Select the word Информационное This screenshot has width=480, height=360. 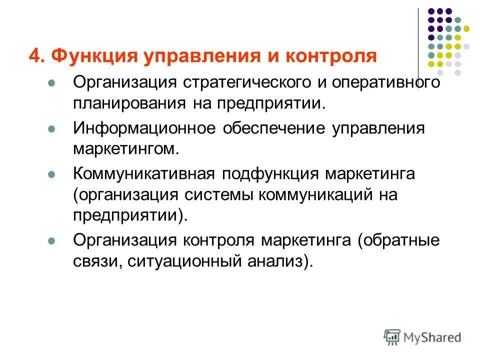(x=145, y=128)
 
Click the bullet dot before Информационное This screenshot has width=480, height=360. (x=50, y=128)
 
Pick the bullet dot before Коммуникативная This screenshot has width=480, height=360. (x=50, y=174)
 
